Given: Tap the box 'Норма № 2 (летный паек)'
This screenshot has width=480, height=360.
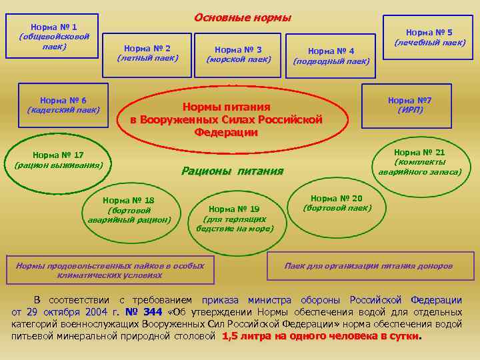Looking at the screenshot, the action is point(147,53).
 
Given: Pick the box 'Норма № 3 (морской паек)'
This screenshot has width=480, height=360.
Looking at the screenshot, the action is point(239,54).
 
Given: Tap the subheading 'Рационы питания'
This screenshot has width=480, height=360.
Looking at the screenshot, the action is point(233,171).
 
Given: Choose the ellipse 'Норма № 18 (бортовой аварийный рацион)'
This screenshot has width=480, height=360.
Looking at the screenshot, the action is point(129,209).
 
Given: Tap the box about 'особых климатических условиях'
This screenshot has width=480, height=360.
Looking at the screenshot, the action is point(110,269).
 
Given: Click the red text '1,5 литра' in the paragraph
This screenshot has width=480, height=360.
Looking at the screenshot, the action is point(244,336).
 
